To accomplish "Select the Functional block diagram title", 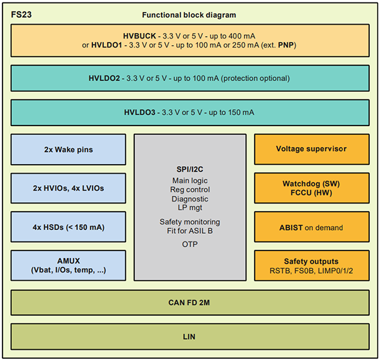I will (x=189, y=15).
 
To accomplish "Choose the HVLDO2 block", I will (x=189, y=78).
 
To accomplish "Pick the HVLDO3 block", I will (x=189, y=112).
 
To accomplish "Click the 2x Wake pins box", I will (x=68, y=150).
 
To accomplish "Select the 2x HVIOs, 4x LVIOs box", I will (x=68, y=188).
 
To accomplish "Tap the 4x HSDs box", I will (x=68, y=227).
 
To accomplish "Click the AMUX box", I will (x=68, y=266).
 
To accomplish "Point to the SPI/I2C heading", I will (x=189, y=170).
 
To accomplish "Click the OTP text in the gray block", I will (x=189, y=244).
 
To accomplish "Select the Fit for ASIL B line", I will (x=189, y=231).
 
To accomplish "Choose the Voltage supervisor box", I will (x=311, y=149).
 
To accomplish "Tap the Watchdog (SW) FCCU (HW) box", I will (x=311, y=188).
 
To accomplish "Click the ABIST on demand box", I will (x=311, y=227).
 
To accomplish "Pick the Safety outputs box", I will (x=311, y=266).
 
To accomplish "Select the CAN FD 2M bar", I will (x=189, y=303).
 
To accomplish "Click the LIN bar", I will (x=189, y=337).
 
